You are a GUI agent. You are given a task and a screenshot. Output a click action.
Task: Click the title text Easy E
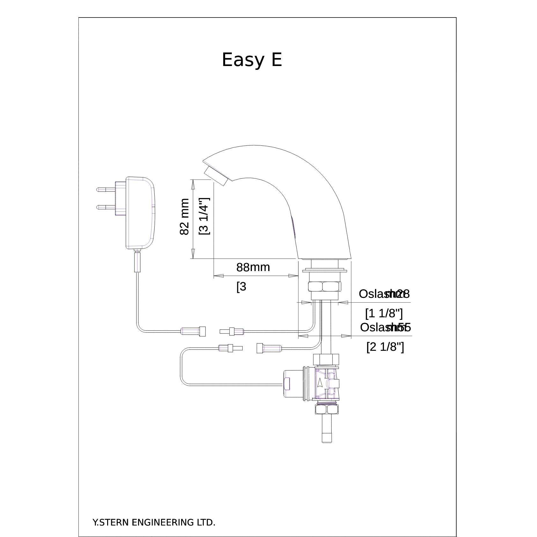coord(252,60)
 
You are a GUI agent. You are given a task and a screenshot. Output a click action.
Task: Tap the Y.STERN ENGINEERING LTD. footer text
coord(154,514)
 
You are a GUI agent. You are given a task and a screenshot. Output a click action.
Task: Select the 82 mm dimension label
coord(185,217)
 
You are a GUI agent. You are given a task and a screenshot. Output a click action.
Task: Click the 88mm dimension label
coord(253,267)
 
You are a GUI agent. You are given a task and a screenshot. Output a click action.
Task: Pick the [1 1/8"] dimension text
coord(384,313)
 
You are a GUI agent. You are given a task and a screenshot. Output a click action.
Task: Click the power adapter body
coord(140,213)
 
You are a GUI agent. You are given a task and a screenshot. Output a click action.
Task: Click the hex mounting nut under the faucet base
coord(325,286)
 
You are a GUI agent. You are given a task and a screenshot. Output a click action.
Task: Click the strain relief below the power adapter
coord(137,261)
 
